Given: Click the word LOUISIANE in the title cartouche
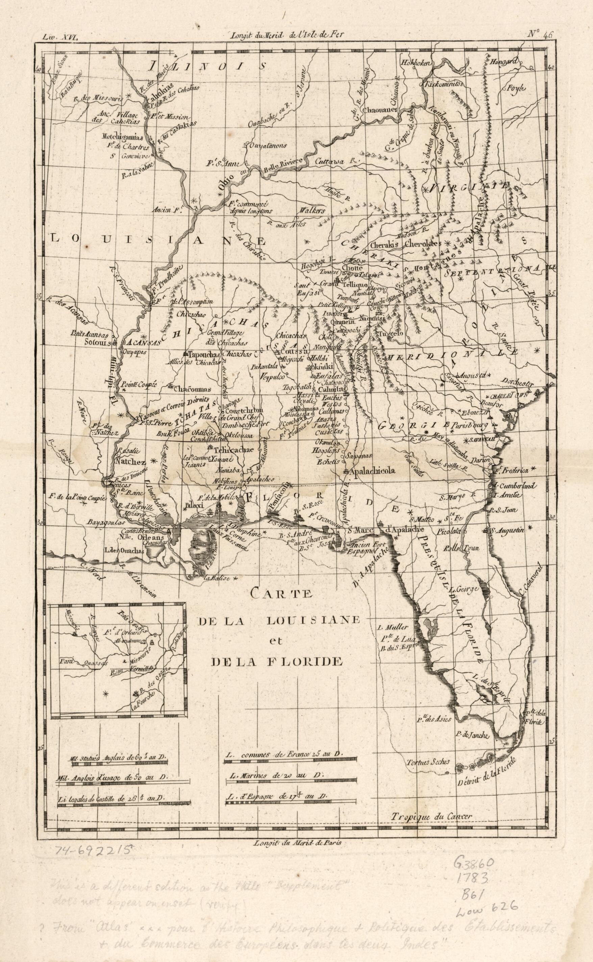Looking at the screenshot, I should pos(313,621).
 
